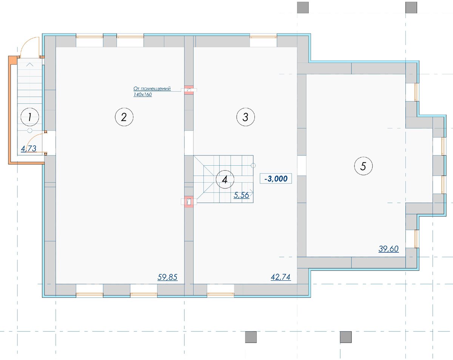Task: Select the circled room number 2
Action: pos(124,117)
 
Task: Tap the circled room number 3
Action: pos(246,117)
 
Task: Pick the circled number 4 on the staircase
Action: pos(225,179)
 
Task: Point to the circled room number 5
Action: pos(363,166)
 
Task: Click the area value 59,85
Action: pos(167,277)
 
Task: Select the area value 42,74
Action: pos(280,277)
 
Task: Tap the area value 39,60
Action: pos(388,249)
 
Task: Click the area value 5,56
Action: pos(242,195)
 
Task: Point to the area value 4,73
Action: pos(29,149)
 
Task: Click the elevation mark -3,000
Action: pos(276,178)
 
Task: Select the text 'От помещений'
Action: pos(152,89)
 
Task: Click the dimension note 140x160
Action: pos(143,94)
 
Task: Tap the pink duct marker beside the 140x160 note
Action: pos(189,90)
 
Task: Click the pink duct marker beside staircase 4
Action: pos(189,202)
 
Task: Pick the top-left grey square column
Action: pos(303,8)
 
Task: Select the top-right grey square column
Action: pos(411,8)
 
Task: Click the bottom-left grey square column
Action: pos(251,337)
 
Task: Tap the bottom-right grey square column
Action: pos(346,337)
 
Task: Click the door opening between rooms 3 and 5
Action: pos(302,166)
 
